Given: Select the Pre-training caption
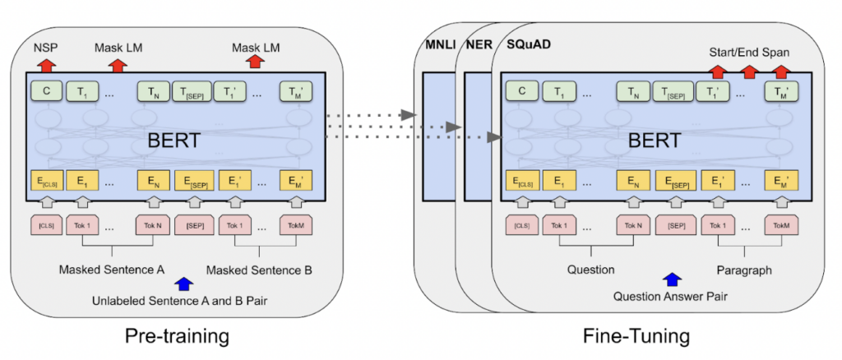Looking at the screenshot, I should (x=176, y=336).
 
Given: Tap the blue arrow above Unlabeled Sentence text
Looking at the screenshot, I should (x=183, y=284).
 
